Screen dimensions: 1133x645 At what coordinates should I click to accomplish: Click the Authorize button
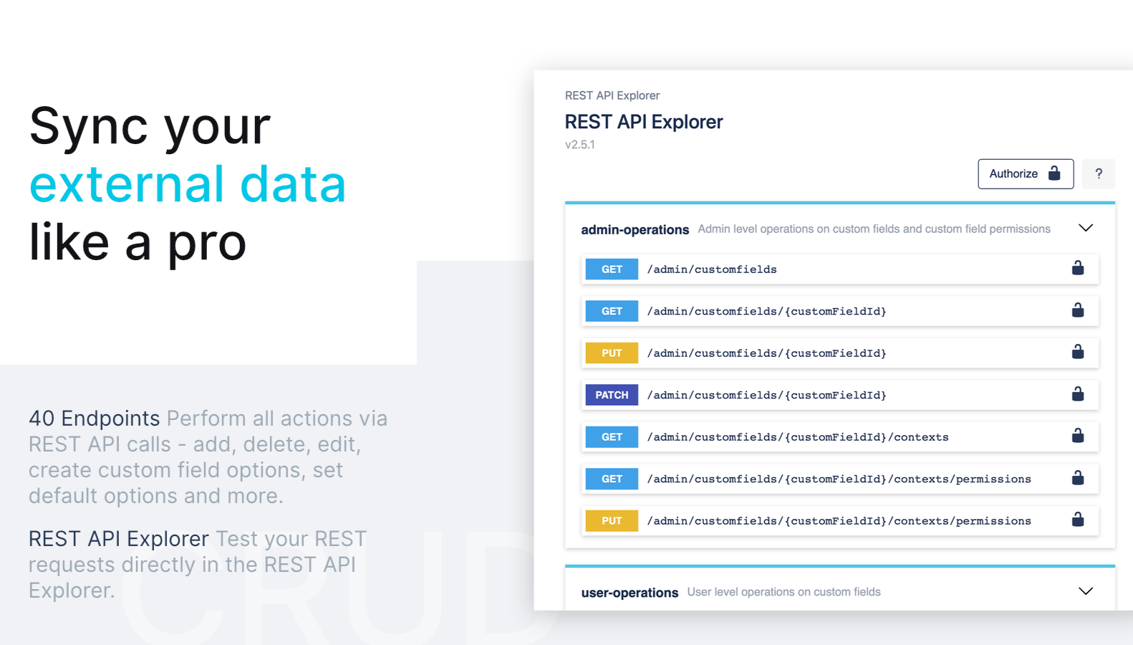tap(1026, 173)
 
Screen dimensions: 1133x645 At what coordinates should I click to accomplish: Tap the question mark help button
tap(1099, 173)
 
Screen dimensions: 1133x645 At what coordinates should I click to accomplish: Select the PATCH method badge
tap(612, 395)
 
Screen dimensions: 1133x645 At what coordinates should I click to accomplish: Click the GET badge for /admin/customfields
tap(612, 269)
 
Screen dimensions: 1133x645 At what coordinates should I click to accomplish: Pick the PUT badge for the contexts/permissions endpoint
tap(612, 521)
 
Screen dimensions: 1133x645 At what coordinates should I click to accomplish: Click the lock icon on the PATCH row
tap(1078, 393)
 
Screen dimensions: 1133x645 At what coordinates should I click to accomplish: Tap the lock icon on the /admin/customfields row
tap(1078, 267)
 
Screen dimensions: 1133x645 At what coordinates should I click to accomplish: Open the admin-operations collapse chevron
tap(1086, 228)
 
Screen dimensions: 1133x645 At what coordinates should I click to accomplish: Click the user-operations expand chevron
tap(1086, 591)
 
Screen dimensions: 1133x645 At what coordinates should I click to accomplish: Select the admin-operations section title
tap(635, 229)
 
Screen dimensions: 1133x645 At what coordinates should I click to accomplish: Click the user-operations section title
tap(630, 593)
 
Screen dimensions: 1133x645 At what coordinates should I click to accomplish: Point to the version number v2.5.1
tap(579, 144)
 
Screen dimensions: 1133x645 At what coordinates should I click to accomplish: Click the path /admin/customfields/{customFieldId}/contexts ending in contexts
tap(798, 437)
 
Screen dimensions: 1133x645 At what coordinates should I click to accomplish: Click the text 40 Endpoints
tap(94, 419)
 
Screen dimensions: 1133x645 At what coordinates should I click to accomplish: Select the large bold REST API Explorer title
tap(643, 122)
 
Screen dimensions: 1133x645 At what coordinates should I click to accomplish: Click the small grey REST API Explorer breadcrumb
tap(612, 95)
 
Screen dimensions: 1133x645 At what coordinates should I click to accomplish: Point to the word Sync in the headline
tap(89, 127)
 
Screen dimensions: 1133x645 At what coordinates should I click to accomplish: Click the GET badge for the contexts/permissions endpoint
tap(612, 479)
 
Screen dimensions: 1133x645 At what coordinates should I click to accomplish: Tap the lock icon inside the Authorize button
tap(1054, 173)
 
